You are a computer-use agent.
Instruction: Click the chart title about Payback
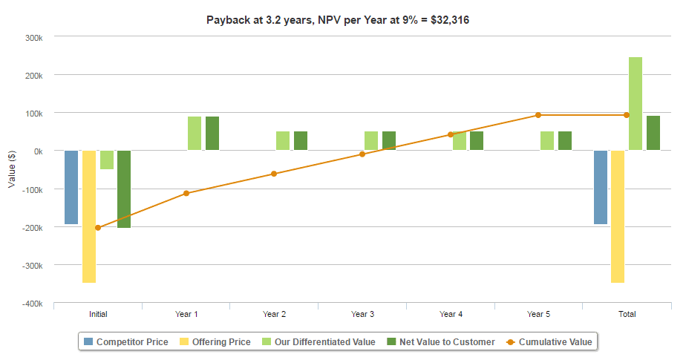coord(337,20)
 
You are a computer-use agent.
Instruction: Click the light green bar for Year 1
coord(195,134)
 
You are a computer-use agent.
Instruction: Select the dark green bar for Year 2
coord(301,141)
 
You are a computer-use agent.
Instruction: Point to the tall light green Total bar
coord(636,104)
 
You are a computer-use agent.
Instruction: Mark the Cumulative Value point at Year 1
coord(186,193)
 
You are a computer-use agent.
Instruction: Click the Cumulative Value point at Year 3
coord(362,154)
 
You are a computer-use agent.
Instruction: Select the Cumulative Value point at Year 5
coord(538,115)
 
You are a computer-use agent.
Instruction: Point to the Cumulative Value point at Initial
coord(98,227)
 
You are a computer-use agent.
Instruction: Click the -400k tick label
coord(30,304)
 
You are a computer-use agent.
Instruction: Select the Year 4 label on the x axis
coord(451,314)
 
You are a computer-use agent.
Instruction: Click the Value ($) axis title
coord(11,169)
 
